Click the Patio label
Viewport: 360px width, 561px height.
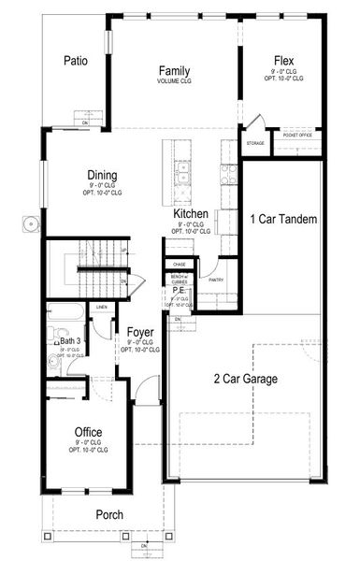click(76, 61)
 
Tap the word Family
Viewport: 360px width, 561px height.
click(174, 71)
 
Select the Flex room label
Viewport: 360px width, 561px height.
click(284, 58)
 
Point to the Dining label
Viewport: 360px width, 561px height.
click(102, 175)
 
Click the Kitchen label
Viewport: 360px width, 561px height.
click(190, 214)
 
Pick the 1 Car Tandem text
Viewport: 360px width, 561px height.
click(284, 220)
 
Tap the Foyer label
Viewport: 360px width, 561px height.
click(140, 331)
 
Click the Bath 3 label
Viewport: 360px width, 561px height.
click(71, 341)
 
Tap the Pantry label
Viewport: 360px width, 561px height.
click(216, 280)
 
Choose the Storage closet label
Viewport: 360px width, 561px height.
click(256, 143)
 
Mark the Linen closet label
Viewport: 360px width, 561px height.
click(101, 308)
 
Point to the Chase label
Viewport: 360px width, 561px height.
click(179, 265)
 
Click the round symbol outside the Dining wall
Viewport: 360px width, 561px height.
click(30, 223)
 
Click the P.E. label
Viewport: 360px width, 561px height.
click(178, 291)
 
